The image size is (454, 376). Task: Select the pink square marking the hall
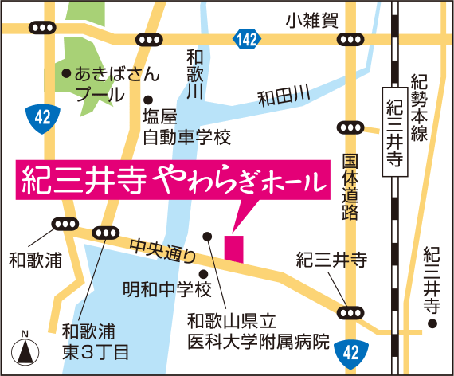233,247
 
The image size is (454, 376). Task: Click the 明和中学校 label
166,288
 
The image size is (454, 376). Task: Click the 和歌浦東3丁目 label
95,339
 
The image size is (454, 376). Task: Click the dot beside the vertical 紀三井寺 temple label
432,323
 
